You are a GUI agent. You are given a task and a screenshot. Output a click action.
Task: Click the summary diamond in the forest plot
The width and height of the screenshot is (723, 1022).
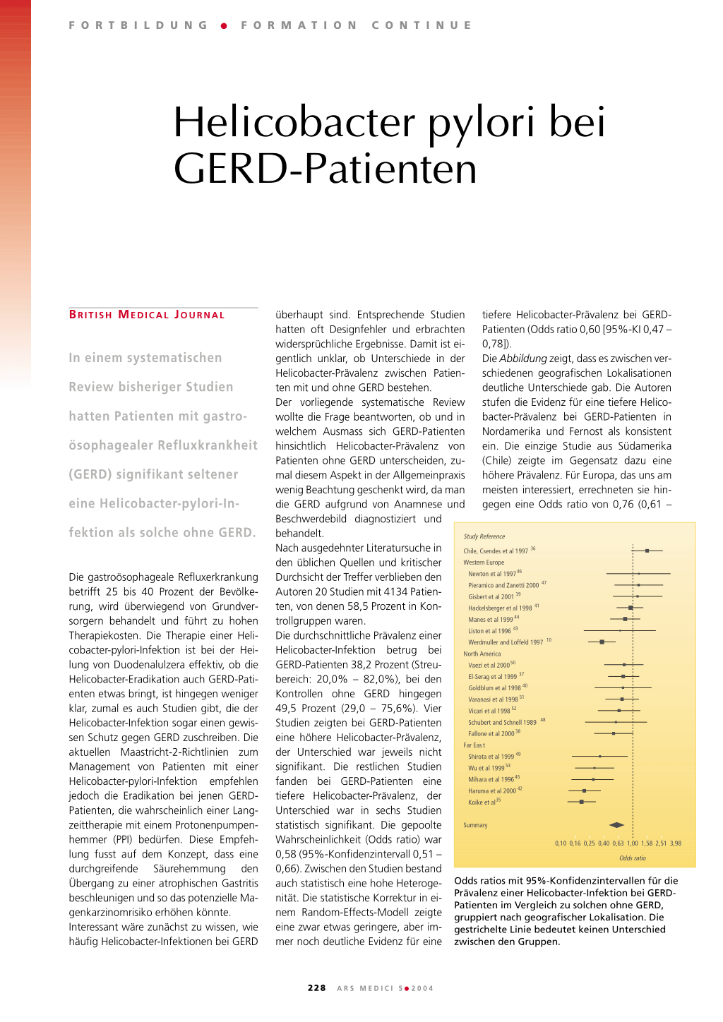pyautogui.click(x=616, y=824)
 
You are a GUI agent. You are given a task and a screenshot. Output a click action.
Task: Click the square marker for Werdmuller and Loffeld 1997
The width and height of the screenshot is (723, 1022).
pyautogui.click(x=602, y=642)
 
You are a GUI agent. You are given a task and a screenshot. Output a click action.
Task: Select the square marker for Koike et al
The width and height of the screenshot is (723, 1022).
pyautogui.click(x=581, y=802)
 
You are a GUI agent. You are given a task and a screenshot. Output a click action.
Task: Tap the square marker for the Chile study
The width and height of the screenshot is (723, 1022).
pyautogui.click(x=647, y=551)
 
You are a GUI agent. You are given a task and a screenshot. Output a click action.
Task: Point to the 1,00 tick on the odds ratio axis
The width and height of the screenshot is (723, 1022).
pyautogui.click(x=633, y=843)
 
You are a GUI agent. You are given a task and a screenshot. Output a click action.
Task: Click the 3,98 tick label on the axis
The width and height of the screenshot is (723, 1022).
pyautogui.click(x=676, y=843)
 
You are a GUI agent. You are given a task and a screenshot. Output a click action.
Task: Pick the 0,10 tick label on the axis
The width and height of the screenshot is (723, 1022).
pyautogui.click(x=561, y=843)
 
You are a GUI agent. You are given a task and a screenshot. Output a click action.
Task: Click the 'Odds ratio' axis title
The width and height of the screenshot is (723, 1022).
pyautogui.click(x=632, y=858)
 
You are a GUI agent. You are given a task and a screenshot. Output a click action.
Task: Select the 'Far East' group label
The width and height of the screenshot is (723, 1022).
pyautogui.click(x=474, y=745)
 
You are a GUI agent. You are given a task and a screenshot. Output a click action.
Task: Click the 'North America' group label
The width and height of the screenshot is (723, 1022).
pyautogui.click(x=482, y=654)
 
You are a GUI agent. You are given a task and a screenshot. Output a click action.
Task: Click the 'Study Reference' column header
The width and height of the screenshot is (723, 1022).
pyautogui.click(x=484, y=536)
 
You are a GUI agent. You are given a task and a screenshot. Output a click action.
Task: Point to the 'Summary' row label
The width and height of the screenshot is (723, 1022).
pyautogui.click(x=475, y=825)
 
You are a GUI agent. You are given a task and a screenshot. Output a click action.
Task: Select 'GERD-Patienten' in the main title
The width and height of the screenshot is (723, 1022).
pyautogui.click(x=325, y=169)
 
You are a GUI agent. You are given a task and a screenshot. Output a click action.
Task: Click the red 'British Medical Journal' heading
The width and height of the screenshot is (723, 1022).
pyautogui.click(x=147, y=315)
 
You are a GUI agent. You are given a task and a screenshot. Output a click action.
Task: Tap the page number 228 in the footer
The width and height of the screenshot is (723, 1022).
pyautogui.click(x=317, y=988)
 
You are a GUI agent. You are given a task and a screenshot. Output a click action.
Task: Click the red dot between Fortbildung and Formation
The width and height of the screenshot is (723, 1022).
pyautogui.click(x=224, y=25)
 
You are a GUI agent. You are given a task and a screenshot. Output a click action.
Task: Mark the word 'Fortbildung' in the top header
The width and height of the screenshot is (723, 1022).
pyautogui.click(x=138, y=25)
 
